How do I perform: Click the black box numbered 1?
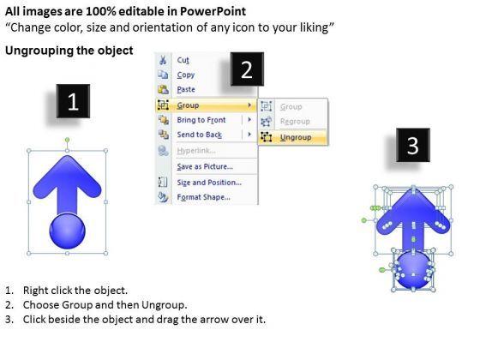[x=73, y=101]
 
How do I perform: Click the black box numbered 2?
[x=247, y=69]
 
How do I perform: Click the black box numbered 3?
[x=412, y=145]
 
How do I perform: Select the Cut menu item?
[x=183, y=60]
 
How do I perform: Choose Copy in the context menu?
[x=185, y=75]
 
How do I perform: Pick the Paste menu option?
[x=186, y=89]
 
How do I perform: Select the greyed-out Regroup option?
[x=295, y=122]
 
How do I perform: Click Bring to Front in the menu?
[x=201, y=120]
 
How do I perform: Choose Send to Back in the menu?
[x=199, y=135]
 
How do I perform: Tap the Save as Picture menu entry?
[x=205, y=166]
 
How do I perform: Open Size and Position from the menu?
[x=209, y=183]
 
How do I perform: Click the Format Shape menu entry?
[x=203, y=197]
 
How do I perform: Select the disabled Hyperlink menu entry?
[x=196, y=151]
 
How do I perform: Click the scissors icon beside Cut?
[x=163, y=60]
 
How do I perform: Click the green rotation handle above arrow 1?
[x=67, y=141]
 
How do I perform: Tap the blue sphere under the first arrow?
[x=67, y=231]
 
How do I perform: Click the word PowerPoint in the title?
[x=213, y=11]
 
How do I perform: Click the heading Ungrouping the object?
[x=69, y=51]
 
